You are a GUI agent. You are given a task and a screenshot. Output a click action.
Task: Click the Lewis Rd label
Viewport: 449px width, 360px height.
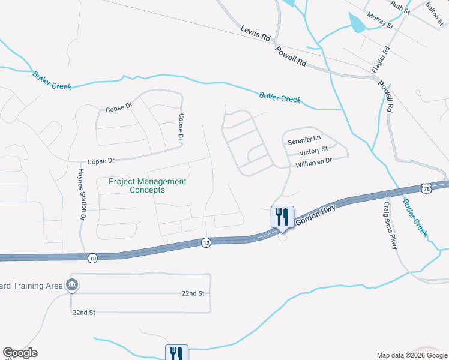point(256,33)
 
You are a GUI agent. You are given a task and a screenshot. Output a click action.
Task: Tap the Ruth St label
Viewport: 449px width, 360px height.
point(400,7)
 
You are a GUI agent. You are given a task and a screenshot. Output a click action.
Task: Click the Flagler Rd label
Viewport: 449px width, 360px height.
point(381,59)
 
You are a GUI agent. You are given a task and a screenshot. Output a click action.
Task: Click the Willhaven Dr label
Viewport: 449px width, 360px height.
point(313,162)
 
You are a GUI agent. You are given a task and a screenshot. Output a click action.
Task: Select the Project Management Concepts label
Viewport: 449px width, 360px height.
point(147,185)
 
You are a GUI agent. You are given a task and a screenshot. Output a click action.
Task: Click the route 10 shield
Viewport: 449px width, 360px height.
point(92,258)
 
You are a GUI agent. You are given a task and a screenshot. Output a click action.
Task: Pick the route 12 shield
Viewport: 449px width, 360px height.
point(206,242)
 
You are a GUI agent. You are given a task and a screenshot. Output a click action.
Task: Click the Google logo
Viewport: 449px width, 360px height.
point(20,353)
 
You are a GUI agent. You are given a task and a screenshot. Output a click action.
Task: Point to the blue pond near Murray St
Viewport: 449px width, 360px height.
point(357,23)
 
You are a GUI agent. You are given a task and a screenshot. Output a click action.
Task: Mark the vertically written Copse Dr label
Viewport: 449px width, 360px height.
point(181,127)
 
